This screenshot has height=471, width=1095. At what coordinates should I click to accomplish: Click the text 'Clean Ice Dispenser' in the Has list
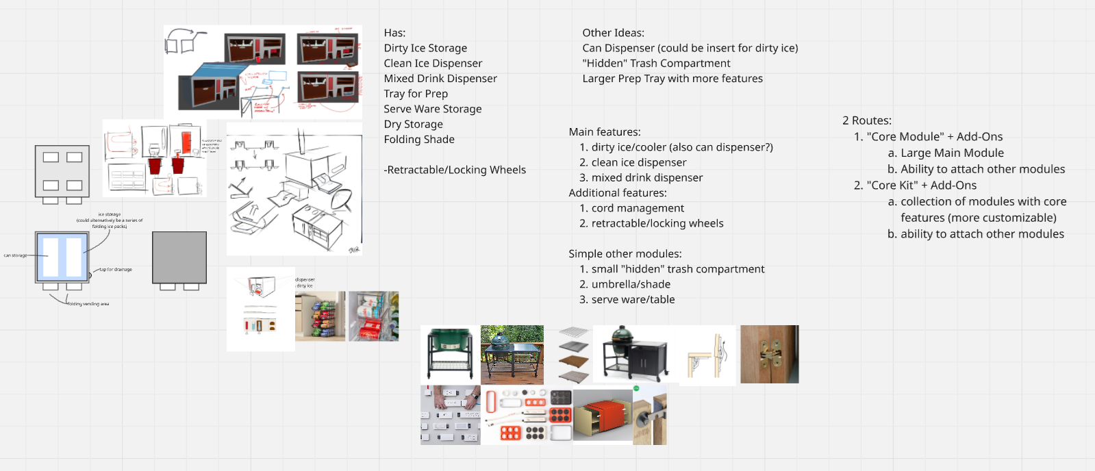pyautogui.click(x=433, y=63)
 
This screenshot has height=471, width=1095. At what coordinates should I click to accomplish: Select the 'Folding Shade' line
pyautogui.click(x=419, y=139)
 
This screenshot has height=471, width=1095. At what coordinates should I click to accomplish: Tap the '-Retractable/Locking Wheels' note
pyautogui.click(x=455, y=170)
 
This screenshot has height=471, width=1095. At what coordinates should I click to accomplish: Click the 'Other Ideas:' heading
pyautogui.click(x=613, y=33)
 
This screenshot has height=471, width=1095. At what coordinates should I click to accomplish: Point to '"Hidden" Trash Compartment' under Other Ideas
pyautogui.click(x=656, y=63)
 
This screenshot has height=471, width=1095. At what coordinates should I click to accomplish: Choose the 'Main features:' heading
pyautogui.click(x=605, y=132)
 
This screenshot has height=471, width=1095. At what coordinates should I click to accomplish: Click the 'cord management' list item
pyautogui.click(x=638, y=208)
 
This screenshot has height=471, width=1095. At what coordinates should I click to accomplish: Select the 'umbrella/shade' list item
pyautogui.click(x=631, y=284)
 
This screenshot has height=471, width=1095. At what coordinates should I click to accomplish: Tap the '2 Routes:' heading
pyautogui.click(x=867, y=120)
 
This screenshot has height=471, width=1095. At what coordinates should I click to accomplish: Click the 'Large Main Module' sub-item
pyautogui.click(x=952, y=153)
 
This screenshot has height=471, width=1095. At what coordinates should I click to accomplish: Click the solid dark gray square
pyautogui.click(x=179, y=257)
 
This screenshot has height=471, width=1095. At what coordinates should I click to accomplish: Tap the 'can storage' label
pyautogui.click(x=15, y=255)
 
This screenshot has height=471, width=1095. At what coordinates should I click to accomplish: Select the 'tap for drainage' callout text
pyautogui.click(x=116, y=270)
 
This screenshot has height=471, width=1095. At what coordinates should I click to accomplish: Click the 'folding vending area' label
pyautogui.click(x=88, y=304)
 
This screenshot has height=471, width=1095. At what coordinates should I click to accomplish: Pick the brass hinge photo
pyautogui.click(x=769, y=354)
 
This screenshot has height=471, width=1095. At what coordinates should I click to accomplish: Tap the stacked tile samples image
pyautogui.click(x=573, y=355)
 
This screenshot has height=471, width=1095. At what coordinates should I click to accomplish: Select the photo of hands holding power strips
pyautogui.click(x=450, y=415)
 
